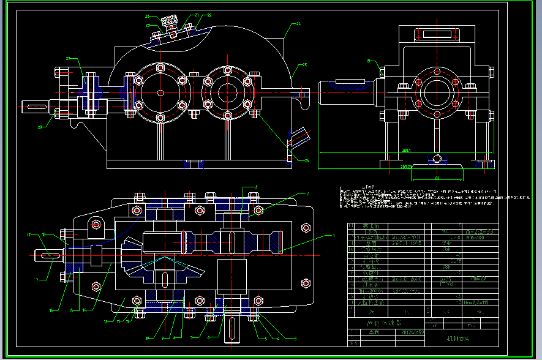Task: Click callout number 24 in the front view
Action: pyautogui.click(x=298, y=24)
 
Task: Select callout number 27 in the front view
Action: pyautogui.click(x=68, y=59)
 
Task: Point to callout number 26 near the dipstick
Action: pyautogui.click(x=306, y=161)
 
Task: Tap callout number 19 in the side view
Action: pyautogui.click(x=369, y=61)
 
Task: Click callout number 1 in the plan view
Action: pyautogui.click(x=334, y=235)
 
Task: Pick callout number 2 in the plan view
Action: pyautogui.click(x=308, y=194)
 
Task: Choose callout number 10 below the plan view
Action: pyautogui.click(x=147, y=337)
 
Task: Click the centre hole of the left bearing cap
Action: pyautogui.click(x=160, y=92)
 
